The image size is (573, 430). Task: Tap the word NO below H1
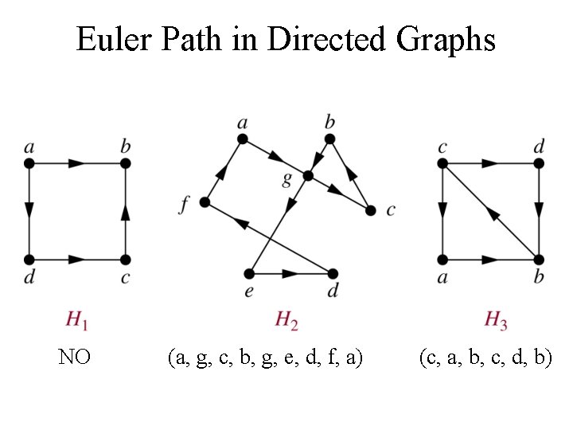(74, 358)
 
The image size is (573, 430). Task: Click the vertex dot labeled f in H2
(205, 202)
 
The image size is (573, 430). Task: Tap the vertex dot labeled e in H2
(251, 272)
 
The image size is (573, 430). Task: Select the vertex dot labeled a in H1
(29, 163)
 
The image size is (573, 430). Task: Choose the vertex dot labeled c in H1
(125, 260)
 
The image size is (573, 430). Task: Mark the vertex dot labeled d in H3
(539, 163)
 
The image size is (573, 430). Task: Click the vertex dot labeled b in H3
(539, 260)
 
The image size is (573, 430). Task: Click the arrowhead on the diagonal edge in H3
(493, 213)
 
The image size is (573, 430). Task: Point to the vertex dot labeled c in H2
(370, 210)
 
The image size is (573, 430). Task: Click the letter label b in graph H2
(329, 122)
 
